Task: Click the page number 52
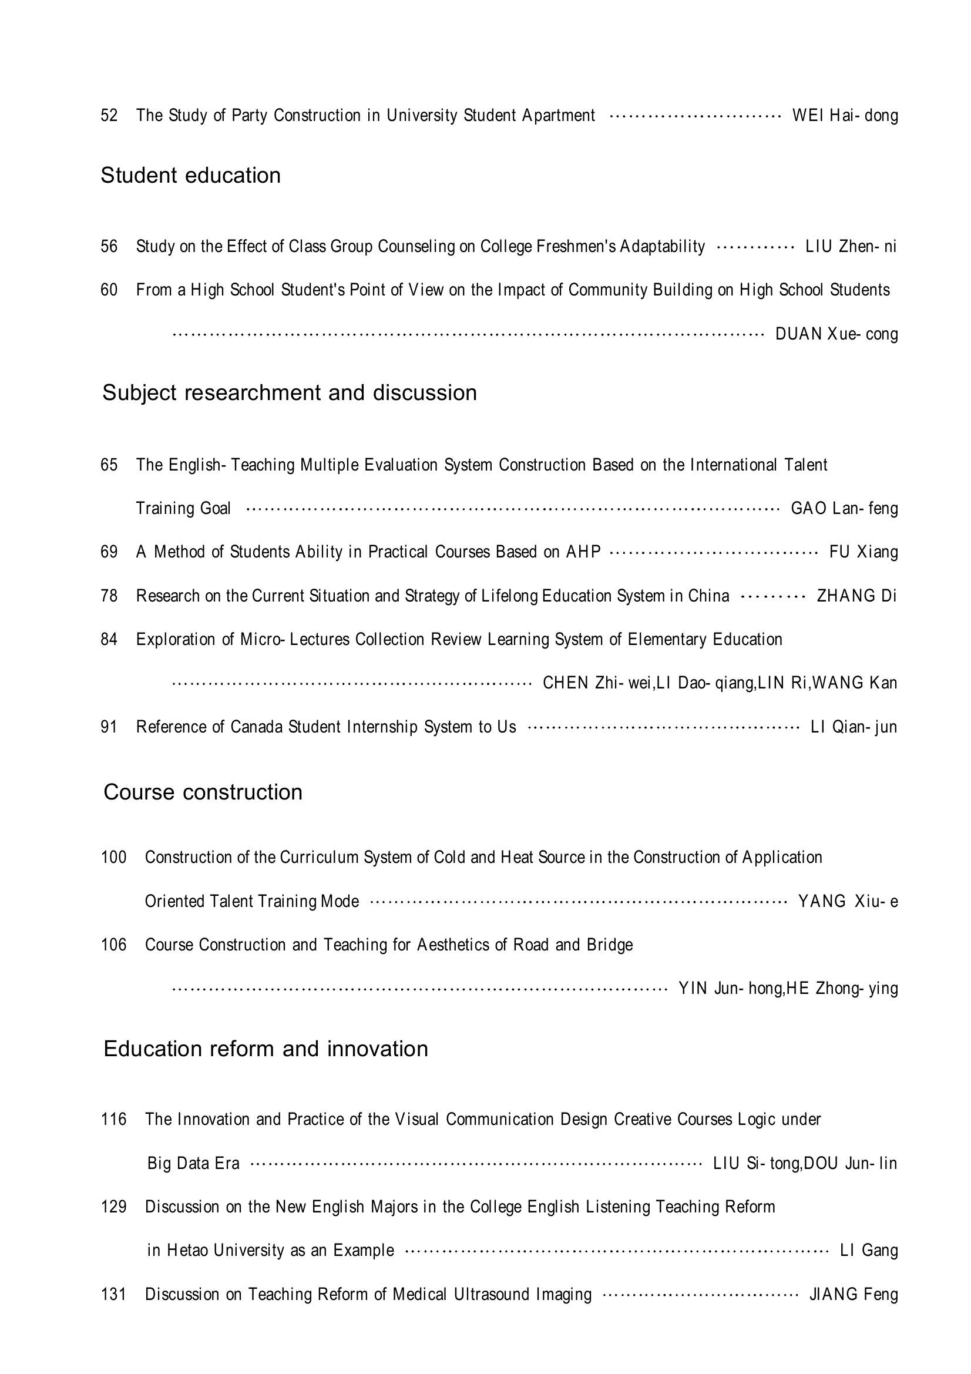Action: [109, 115]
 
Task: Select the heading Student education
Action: [190, 175]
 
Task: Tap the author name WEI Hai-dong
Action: [845, 115]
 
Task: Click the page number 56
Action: [109, 246]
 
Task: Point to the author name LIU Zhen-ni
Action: [850, 246]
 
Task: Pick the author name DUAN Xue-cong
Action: [836, 333]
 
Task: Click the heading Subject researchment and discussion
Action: [290, 392]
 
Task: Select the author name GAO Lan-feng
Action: [844, 508]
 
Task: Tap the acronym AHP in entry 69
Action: [583, 551]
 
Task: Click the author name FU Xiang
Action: [864, 551]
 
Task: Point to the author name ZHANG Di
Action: [856, 596]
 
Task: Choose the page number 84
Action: [109, 639]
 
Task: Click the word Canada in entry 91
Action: [256, 727]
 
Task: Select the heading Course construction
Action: [203, 792]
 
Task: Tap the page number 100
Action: [114, 857]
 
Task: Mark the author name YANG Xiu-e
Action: [848, 901]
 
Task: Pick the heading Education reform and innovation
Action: [266, 1049]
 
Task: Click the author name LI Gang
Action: [869, 1250]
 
